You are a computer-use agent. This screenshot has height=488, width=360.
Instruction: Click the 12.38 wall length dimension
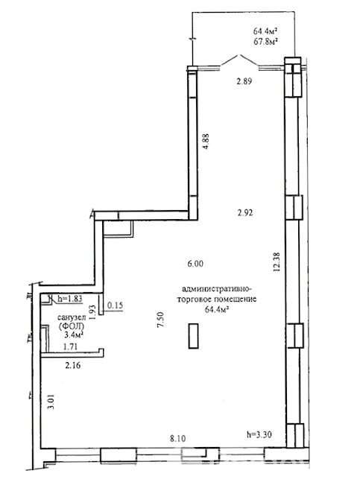click(277, 262)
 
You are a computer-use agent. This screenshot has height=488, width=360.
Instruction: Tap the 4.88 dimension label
click(206, 142)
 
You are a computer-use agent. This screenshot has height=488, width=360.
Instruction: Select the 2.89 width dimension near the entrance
click(244, 81)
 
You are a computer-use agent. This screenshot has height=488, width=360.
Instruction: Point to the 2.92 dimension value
click(245, 213)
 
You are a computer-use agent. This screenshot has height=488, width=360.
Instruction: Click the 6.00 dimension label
click(195, 264)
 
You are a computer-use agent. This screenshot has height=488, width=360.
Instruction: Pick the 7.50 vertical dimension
click(161, 320)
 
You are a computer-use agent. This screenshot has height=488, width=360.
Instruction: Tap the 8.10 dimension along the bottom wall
click(178, 439)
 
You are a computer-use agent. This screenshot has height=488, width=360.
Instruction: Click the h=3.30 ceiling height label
click(259, 434)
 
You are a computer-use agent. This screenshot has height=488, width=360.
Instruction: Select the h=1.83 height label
click(69, 299)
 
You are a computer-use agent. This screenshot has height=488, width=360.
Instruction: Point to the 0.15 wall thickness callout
click(115, 305)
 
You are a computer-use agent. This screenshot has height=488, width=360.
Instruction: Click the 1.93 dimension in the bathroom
click(92, 312)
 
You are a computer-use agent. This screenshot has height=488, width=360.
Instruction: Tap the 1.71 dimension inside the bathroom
click(70, 346)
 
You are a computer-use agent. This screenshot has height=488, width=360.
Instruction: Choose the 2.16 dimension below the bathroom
click(73, 365)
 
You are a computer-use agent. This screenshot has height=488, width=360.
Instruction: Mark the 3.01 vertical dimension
click(51, 402)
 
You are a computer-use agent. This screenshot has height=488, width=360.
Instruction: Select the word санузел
click(72, 318)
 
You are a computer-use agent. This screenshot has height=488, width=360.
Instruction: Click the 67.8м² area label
click(265, 42)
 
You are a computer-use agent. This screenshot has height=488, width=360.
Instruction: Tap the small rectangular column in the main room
click(193, 336)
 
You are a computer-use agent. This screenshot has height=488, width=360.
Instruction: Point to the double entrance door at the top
click(239, 60)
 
